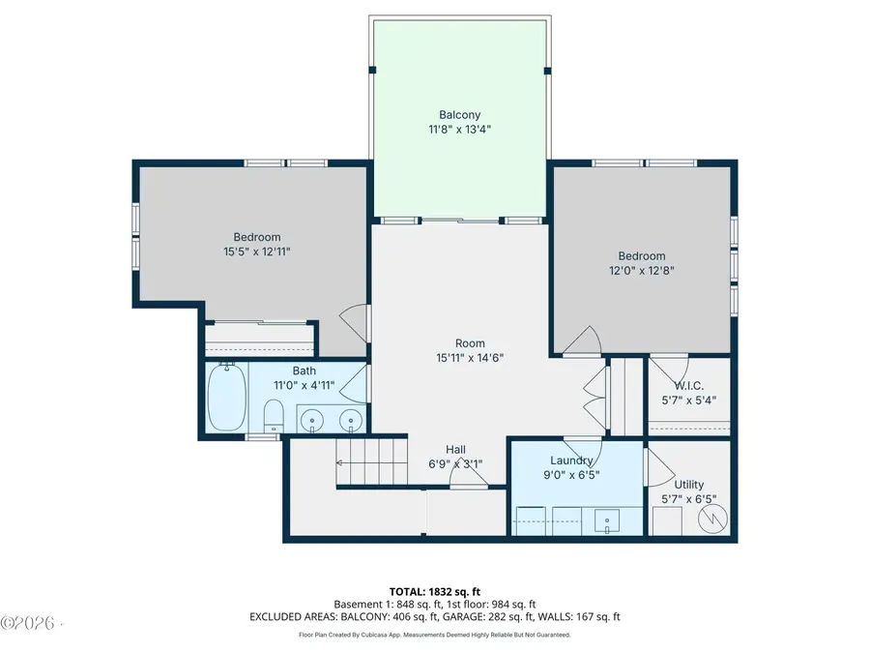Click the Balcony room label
click(459, 115)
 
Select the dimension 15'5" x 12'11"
click(256, 252)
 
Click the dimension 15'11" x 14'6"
click(470, 358)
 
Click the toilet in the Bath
click(274, 417)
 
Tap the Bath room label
click(304, 371)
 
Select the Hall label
click(456, 449)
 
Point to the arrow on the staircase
click(340, 462)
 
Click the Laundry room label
click(570, 460)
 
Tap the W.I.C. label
click(689, 384)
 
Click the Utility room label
click(689, 484)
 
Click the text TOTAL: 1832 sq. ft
click(435, 590)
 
